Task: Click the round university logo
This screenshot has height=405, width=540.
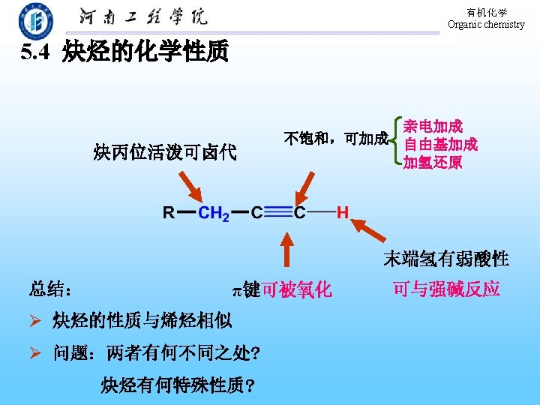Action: click(36, 21)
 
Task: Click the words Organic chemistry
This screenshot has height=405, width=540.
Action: click(486, 24)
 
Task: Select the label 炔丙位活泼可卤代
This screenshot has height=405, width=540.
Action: click(165, 153)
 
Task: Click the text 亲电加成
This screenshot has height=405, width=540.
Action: click(433, 126)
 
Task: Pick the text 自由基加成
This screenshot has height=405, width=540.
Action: click(440, 144)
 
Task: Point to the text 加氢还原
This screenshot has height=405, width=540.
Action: click(433, 162)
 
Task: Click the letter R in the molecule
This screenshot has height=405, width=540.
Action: click(170, 212)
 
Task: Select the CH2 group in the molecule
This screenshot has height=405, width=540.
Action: click(213, 213)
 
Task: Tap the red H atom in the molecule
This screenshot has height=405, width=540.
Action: click(342, 212)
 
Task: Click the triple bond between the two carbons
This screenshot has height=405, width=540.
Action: click(277, 212)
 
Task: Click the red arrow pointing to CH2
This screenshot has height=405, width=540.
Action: click(190, 187)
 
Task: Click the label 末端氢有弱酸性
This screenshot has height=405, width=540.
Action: click(445, 259)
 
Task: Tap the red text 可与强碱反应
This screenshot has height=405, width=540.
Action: click(446, 289)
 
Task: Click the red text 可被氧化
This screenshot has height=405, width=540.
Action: click(296, 290)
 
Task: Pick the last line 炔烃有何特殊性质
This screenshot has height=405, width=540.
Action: click(177, 385)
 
